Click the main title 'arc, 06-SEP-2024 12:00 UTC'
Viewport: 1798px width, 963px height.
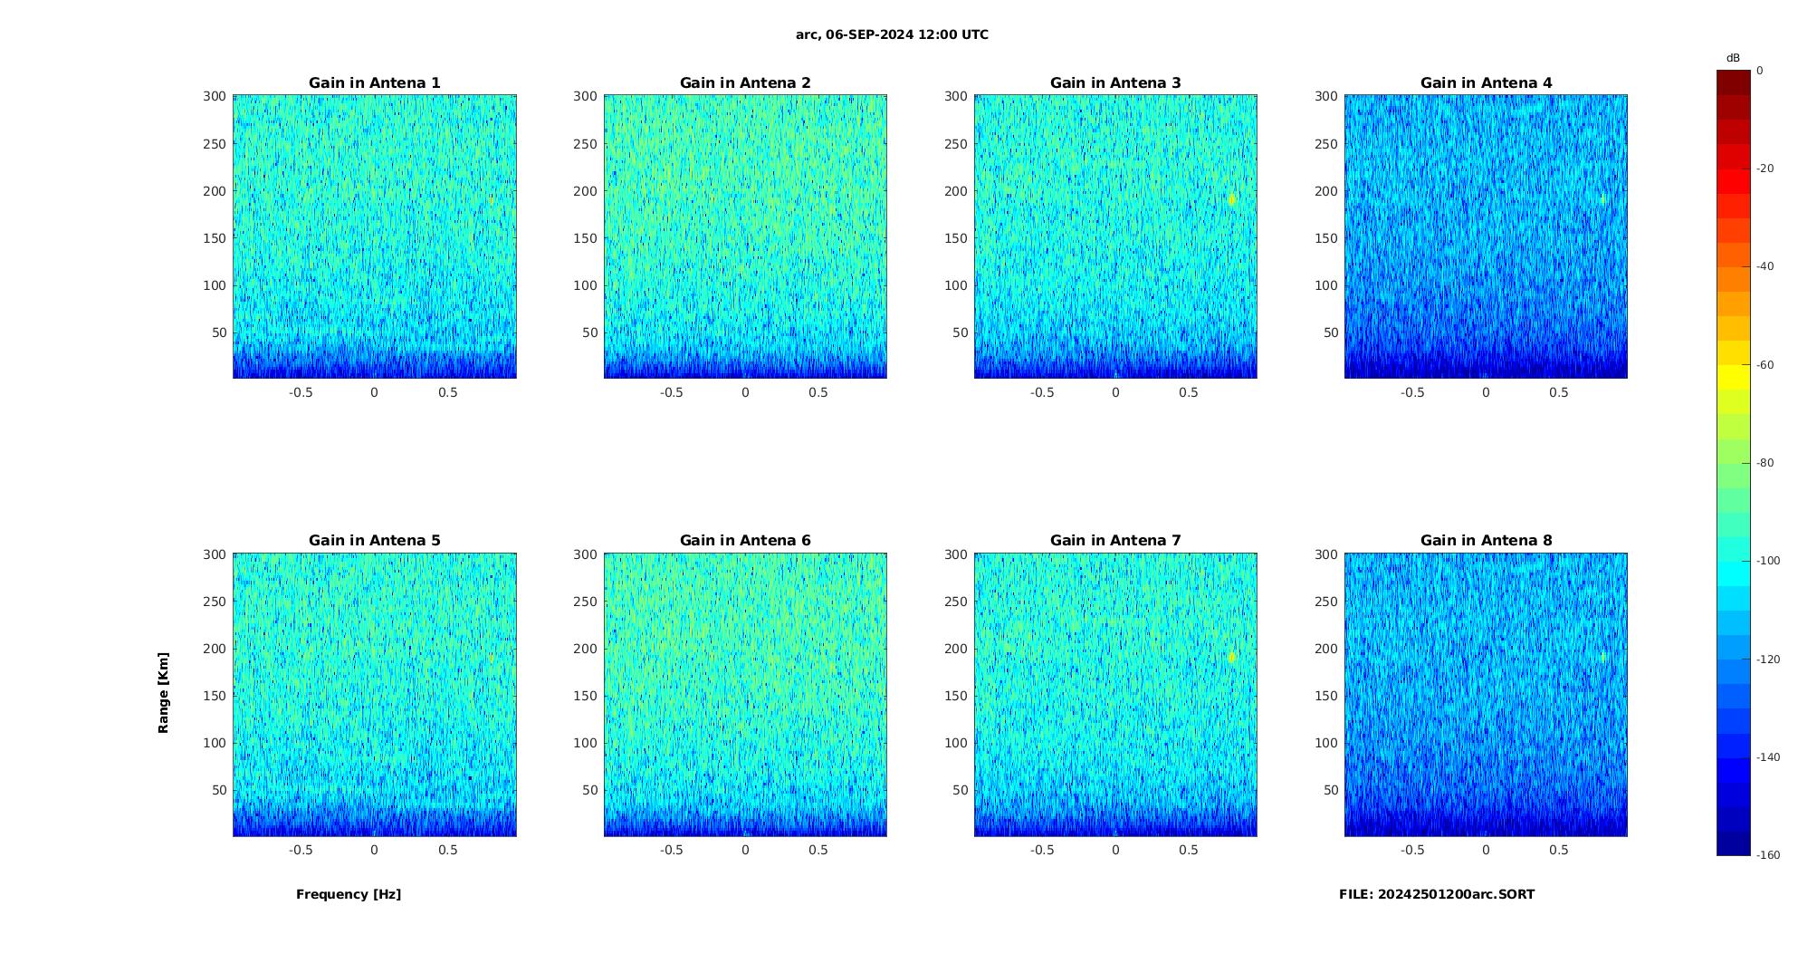892,34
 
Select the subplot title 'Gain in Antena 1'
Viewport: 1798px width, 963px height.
375,82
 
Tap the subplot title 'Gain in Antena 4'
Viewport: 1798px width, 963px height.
1486,82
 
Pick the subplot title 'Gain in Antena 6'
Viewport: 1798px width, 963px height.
745,540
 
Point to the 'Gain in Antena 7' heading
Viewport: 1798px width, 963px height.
1115,540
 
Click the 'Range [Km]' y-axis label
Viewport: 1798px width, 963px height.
163,692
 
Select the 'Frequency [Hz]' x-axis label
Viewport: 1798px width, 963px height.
349,894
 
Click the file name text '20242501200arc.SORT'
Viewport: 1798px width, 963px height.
1456,894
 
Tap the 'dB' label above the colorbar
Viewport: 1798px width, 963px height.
1733,58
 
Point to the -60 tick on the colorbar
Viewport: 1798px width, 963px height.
1765,365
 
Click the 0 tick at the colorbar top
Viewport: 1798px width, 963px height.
1760,71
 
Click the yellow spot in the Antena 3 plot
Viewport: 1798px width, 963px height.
1232,199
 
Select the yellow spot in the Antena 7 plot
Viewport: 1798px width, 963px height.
1232,657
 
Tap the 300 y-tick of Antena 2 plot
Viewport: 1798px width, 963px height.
585,96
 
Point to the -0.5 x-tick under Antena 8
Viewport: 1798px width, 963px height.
1412,850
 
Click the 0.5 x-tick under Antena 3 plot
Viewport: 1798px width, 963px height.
1189,392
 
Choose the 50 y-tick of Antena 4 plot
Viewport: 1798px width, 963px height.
1331,332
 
